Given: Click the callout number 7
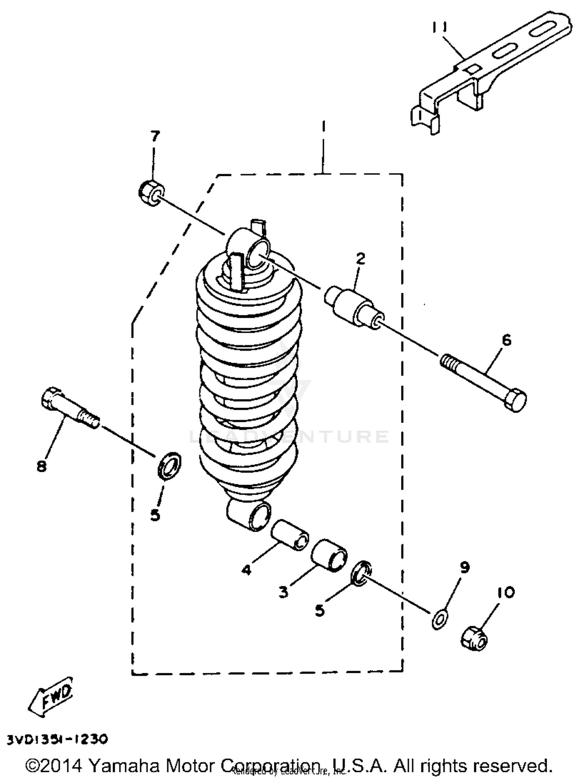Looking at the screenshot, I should [154, 136].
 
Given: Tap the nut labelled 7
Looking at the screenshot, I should [151, 193].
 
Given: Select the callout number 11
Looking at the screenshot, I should [439, 27].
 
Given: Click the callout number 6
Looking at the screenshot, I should [506, 340].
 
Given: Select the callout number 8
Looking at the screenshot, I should [41, 467].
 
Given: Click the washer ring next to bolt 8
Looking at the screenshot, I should [169, 466].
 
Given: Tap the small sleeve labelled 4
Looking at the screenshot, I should [290, 535].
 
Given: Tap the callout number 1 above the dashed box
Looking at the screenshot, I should [323, 126].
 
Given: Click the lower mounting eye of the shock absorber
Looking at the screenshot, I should [249, 516].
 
